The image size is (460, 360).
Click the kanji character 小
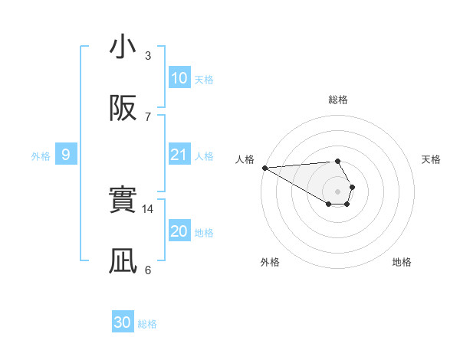tap(123, 47)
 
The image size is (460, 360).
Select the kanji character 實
tap(123, 201)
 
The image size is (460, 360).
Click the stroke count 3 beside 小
tap(148, 55)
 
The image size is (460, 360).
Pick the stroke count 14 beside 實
tap(148, 208)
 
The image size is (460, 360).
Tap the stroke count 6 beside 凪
tap(148, 270)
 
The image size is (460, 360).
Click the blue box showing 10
tap(179, 77)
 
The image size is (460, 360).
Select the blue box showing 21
tap(179, 155)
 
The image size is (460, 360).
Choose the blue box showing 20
tap(179, 231)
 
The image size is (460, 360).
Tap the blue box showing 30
tap(123, 322)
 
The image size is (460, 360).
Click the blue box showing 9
tap(66, 155)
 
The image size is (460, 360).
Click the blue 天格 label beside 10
tap(204, 79)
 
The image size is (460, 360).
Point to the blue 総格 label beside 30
tap(147, 324)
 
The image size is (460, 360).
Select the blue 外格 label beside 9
tap(41, 156)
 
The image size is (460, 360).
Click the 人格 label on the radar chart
tap(244, 159)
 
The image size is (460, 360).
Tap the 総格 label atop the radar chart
tap(338, 100)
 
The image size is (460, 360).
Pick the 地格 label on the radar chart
tap(402, 262)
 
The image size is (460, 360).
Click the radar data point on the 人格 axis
tap(264, 168)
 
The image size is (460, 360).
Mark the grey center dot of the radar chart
tap(338, 191)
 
